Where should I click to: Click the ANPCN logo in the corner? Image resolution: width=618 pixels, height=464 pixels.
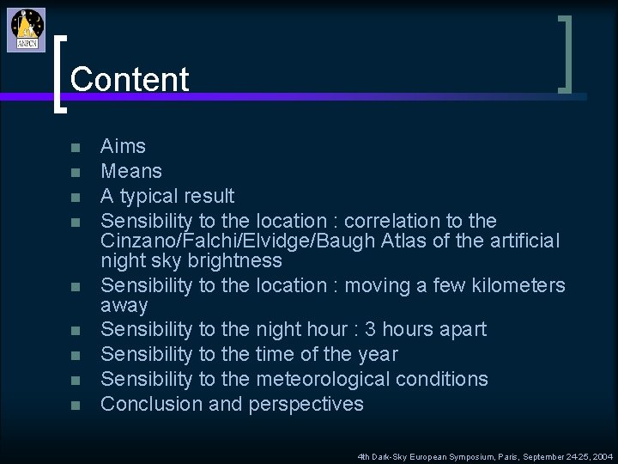click(x=27, y=29)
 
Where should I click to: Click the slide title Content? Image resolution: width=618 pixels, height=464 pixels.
click(x=130, y=79)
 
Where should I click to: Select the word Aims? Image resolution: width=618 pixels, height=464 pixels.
click(x=124, y=146)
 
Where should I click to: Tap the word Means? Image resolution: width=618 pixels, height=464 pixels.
click(x=131, y=171)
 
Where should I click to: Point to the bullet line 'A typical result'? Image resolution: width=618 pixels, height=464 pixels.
click(x=167, y=196)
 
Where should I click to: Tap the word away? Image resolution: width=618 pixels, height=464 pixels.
click(x=124, y=305)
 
